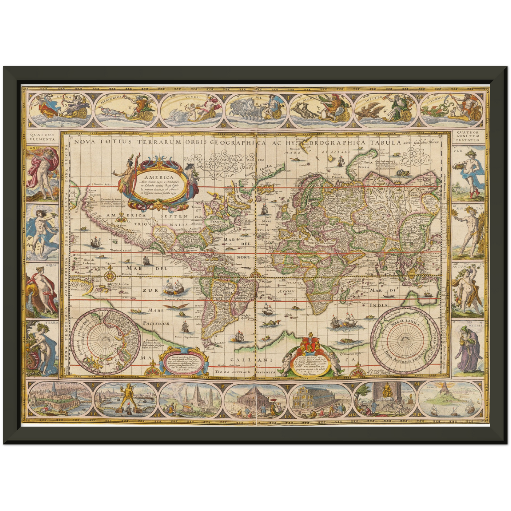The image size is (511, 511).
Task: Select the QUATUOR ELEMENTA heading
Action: pos(42,137)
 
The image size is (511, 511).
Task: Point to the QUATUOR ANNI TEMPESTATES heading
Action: pos(468,137)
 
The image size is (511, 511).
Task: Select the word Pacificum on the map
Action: pos(156,323)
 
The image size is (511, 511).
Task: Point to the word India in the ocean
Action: pos(378,304)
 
